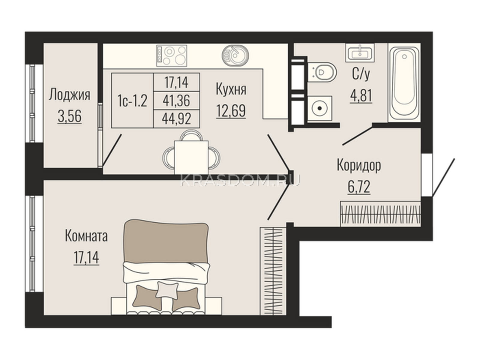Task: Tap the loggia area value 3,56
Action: click(70, 116)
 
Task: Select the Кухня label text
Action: click(231, 89)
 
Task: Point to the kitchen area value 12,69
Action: click(231, 111)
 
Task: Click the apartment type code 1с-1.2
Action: click(132, 100)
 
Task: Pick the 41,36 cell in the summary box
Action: click(176, 101)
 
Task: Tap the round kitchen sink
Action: click(235, 54)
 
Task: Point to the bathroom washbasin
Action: click(360, 53)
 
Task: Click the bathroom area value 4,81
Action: click(361, 96)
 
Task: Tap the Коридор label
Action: click(359, 166)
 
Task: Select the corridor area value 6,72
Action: click(359, 187)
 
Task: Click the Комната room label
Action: click(86, 237)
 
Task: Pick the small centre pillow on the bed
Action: click(167, 290)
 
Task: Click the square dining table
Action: click(191, 157)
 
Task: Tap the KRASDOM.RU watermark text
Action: click(240, 180)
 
